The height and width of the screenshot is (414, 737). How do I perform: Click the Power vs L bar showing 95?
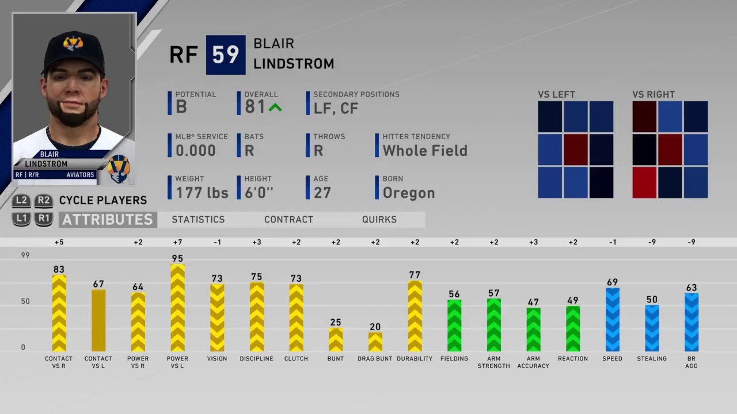pos(178,308)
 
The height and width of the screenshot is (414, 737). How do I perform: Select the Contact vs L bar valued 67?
pos(98,321)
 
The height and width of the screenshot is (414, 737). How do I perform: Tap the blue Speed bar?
pos(612,320)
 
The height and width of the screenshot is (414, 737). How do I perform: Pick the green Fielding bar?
pos(454,325)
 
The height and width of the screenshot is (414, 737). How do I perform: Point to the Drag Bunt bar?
pos(375,342)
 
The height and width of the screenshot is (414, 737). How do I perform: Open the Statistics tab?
pos(198,220)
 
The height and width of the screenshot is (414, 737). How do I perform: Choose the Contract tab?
pos(289,220)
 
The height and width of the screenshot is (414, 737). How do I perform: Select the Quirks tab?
pos(379,220)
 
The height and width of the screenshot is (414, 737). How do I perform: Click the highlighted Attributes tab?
pos(108,220)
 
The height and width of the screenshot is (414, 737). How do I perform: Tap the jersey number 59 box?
pos(226,55)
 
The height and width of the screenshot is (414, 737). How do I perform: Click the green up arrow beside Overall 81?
pos(275,108)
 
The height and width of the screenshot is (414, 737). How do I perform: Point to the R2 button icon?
pos(43,201)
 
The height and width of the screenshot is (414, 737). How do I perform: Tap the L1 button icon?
pos(21,219)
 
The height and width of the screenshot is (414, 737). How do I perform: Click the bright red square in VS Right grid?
pos(644,183)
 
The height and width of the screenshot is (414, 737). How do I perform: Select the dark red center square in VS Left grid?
pos(576,149)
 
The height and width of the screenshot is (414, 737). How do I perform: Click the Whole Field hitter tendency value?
pos(425,151)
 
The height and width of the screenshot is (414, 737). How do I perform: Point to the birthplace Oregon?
pos(409,193)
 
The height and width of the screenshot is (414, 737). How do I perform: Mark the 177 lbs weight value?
pos(202,193)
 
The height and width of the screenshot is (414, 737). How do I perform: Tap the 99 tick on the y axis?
pos(25,255)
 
